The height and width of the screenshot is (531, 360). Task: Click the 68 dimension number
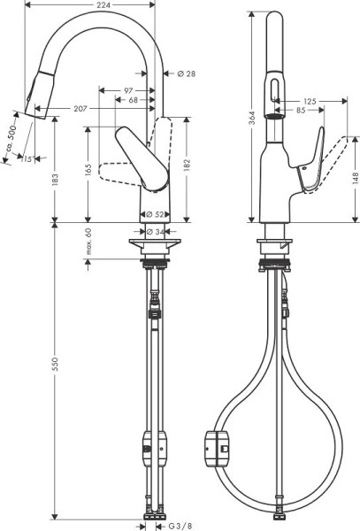(x=134, y=101)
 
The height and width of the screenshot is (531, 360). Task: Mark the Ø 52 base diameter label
(x=154, y=213)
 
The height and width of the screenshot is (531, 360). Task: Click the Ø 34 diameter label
(x=154, y=232)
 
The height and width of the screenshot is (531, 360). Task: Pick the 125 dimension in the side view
(x=310, y=101)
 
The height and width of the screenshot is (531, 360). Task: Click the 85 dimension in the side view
(x=302, y=112)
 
